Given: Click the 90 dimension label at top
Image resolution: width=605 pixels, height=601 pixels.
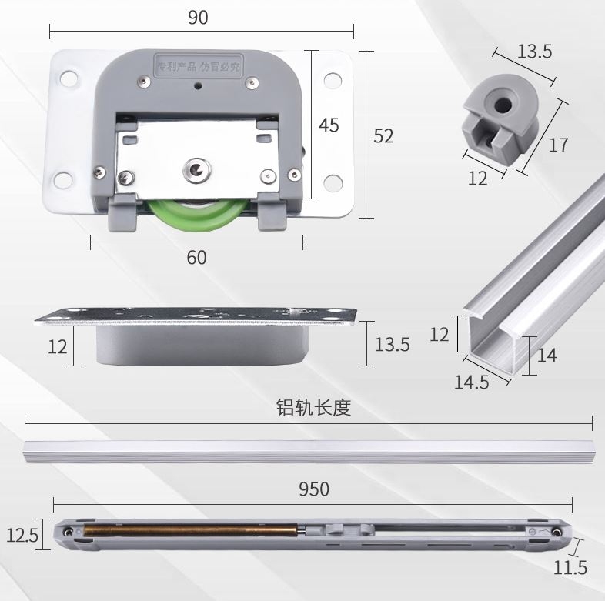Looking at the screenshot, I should pyautogui.click(x=198, y=18).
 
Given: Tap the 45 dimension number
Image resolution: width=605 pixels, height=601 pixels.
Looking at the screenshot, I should pyautogui.click(x=329, y=125).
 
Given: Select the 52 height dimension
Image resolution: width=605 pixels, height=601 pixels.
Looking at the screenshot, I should pyautogui.click(x=383, y=135).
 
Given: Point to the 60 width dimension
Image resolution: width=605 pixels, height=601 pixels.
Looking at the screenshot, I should pyautogui.click(x=197, y=257).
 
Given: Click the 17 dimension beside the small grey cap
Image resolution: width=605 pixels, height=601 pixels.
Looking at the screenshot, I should pyautogui.click(x=559, y=144).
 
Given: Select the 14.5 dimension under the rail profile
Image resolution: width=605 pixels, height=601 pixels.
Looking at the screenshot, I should pyautogui.click(x=470, y=381).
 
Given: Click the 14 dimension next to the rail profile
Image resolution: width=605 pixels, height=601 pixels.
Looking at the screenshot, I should pyautogui.click(x=547, y=356).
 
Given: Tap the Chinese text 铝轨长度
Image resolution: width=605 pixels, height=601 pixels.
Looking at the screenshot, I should pyautogui.click(x=313, y=407).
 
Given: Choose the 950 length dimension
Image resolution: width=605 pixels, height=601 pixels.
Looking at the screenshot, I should pyautogui.click(x=313, y=489).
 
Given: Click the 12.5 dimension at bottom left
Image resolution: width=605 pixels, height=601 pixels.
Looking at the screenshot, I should pyautogui.click(x=22, y=534).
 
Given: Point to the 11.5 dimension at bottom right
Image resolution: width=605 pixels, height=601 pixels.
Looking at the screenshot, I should pyautogui.click(x=570, y=568).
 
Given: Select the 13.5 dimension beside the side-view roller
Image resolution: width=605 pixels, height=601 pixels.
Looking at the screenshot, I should pyautogui.click(x=393, y=344).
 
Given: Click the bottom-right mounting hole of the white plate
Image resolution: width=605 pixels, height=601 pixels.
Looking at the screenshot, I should pyautogui.click(x=333, y=184).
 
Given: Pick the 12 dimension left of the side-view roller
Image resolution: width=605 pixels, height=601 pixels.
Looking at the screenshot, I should pyautogui.click(x=58, y=346).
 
